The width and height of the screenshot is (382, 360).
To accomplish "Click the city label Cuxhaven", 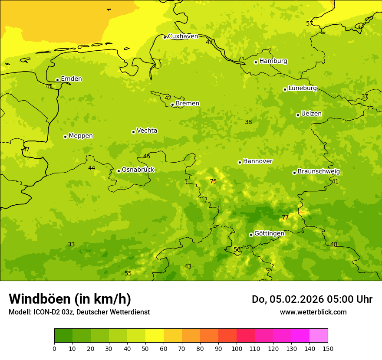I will (x=183, y=36).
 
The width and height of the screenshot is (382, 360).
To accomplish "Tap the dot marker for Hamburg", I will (x=256, y=62).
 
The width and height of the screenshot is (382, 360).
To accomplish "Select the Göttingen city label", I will (x=269, y=233).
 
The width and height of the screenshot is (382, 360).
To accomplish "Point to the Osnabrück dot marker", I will (x=119, y=171).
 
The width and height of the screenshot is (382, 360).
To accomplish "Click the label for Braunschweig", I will (x=319, y=172).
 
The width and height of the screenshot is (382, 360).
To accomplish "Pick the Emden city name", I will (x=71, y=79).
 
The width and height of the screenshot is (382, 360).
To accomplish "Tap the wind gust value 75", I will (x=213, y=181).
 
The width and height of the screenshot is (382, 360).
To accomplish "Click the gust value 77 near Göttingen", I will (x=285, y=217).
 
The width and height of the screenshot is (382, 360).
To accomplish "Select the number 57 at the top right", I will (x=310, y=23).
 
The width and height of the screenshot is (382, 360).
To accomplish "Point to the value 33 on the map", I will (x=71, y=244).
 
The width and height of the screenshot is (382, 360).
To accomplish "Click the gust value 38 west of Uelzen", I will (x=248, y=122).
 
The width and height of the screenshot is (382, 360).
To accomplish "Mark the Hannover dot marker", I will (x=240, y=162).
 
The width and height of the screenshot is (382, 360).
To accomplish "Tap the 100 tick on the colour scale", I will (x=237, y=348).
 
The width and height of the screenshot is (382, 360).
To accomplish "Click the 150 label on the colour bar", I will (x=328, y=348).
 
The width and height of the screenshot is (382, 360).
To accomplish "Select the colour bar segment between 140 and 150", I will (x=319, y=336).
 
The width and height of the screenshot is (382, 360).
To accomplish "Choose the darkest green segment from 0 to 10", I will (x=63, y=336).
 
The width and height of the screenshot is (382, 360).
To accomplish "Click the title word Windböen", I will (x=40, y=299).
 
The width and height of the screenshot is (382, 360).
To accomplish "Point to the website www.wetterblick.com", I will (x=313, y=312).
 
